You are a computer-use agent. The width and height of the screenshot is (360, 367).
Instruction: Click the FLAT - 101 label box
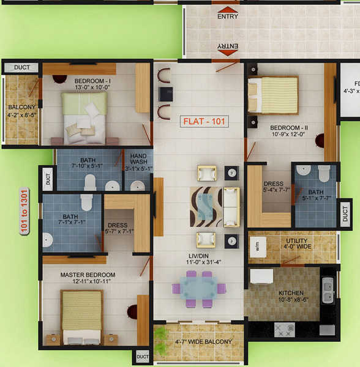click(x=205, y=121)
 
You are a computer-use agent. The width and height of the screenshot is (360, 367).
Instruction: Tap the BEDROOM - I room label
click(x=92, y=84)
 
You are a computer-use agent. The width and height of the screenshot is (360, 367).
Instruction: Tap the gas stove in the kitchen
click(x=285, y=330)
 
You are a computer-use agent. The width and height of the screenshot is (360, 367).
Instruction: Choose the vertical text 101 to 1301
click(x=24, y=211)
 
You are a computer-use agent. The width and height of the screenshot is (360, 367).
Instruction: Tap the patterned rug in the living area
click(x=205, y=207)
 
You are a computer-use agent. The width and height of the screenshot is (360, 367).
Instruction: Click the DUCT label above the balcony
click(x=22, y=67)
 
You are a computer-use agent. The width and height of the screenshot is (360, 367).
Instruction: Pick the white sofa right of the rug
click(x=231, y=207)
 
